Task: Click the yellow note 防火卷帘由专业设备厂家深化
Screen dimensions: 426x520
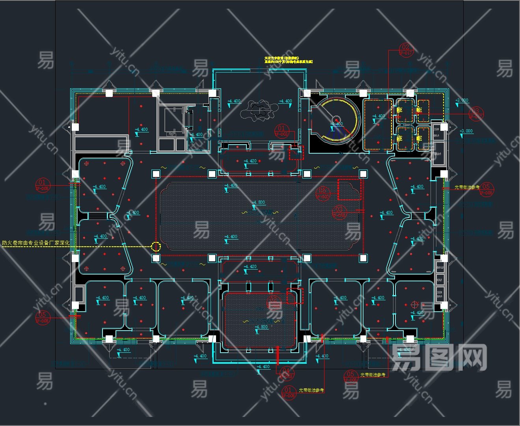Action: [36, 243]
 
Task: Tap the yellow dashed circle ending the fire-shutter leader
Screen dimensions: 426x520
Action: [156, 247]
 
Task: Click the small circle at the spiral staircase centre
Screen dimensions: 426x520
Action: [336, 120]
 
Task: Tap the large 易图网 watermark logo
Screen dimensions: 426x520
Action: [439, 357]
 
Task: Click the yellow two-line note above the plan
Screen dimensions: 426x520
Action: [289, 60]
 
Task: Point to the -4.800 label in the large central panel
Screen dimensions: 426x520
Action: [259, 203]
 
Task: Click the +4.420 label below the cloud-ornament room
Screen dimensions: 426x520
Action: [250, 161]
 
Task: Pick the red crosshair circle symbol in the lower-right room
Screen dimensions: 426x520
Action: [414, 304]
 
